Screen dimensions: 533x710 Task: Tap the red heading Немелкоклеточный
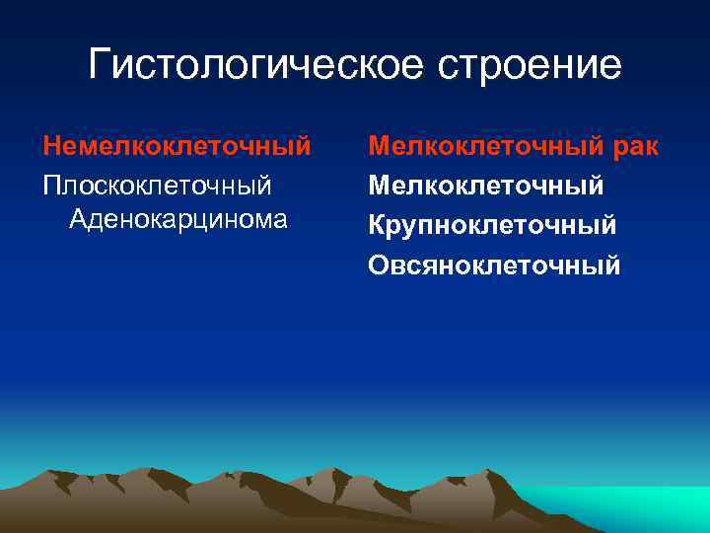click(x=177, y=147)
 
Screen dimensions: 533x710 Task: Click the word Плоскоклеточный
click(x=157, y=185)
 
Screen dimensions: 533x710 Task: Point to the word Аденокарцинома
click(x=178, y=218)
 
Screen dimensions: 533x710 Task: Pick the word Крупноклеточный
click(x=492, y=225)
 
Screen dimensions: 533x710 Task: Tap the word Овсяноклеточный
click(x=494, y=265)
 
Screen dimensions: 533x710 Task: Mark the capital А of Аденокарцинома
click(x=78, y=218)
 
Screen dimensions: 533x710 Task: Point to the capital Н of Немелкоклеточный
click(x=51, y=147)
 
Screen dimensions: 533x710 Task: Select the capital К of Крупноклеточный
click(x=377, y=225)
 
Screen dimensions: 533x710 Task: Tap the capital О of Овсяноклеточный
click(x=379, y=265)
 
